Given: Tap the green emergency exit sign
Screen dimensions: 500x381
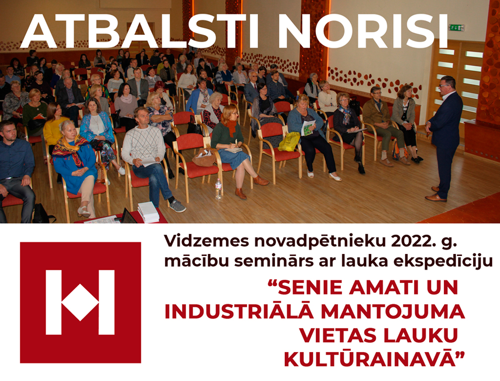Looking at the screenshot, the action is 456,27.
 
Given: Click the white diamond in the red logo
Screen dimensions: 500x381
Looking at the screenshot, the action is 80,303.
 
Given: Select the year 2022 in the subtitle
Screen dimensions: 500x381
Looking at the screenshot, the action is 406,242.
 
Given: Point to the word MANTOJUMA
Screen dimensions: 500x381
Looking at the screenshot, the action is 392,312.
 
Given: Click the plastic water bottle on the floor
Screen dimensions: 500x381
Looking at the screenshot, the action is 218,189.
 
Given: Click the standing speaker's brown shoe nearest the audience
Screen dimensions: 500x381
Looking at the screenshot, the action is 436,197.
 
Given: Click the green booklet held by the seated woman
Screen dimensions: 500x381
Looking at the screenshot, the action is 309,128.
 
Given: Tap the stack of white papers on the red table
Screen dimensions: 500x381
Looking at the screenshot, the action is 148,212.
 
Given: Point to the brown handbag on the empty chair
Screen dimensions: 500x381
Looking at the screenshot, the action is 204,158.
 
